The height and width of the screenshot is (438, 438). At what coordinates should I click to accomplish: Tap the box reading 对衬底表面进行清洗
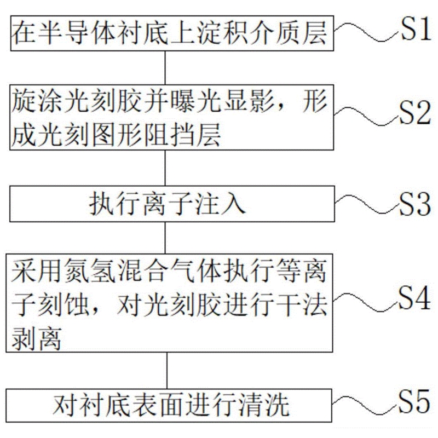(169, 406)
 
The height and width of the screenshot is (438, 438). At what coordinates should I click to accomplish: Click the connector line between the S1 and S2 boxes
(166, 67)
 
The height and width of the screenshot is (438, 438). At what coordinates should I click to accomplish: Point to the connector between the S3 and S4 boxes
(166, 237)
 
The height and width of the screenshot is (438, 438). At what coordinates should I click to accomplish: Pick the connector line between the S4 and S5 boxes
(166, 371)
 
